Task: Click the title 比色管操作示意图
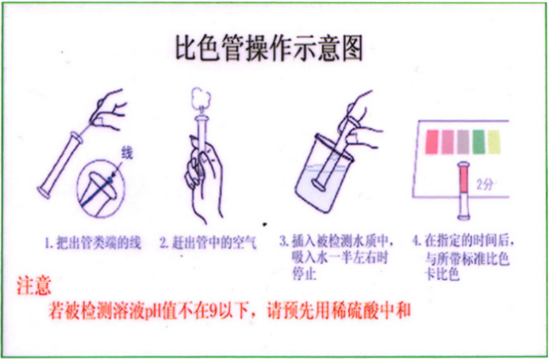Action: click(269, 49)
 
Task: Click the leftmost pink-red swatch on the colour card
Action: click(432, 141)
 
